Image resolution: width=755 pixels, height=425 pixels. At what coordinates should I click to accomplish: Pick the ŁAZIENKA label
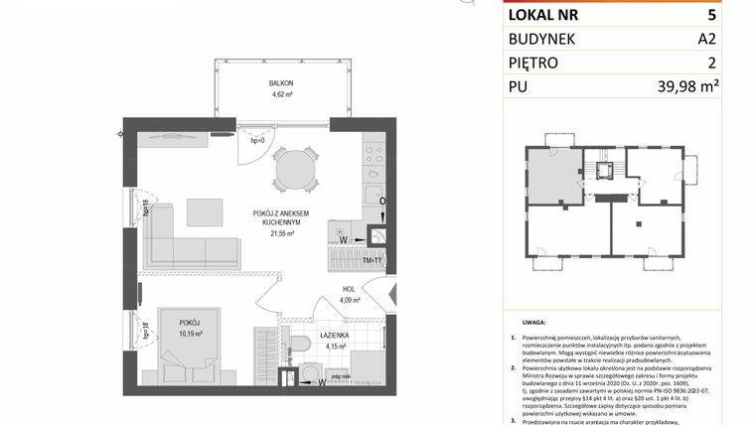click(334, 336)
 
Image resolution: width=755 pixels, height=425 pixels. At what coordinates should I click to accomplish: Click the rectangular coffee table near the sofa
click(209, 212)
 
